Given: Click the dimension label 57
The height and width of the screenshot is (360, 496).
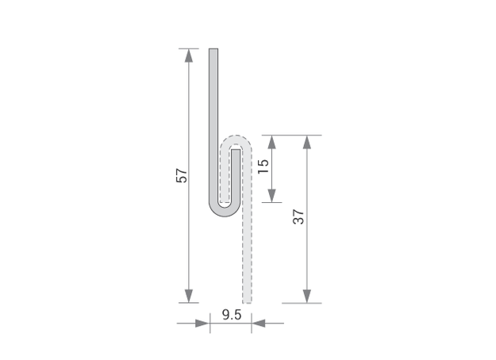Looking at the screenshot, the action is coord(182,175).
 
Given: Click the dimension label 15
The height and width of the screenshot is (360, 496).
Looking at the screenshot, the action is coord(263,166).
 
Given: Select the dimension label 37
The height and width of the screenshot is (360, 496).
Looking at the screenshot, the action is coord(298,216).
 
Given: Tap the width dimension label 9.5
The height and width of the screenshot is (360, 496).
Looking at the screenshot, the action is coord(232,315).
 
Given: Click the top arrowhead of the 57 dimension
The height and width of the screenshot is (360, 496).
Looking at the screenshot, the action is coord(189,56).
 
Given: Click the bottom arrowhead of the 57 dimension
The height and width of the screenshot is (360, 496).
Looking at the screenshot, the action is coord(189,296).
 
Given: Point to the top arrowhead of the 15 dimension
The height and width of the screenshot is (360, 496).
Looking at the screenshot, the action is coord(271,142).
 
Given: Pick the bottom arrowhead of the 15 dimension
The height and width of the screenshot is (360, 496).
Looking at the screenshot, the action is coord(271,196).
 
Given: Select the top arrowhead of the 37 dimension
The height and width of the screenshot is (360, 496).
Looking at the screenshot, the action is coord(307,142).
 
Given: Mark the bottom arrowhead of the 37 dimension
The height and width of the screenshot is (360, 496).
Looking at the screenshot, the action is coord(307,296).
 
